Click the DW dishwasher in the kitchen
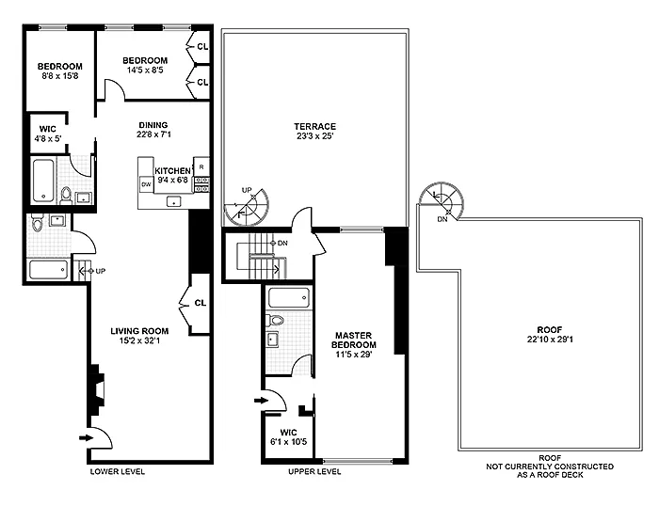point(146,184)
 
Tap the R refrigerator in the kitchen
point(201,166)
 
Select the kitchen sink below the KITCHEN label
point(173,201)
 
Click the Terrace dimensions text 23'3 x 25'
point(314,136)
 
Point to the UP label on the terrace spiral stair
point(247,190)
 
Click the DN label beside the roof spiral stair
point(442,219)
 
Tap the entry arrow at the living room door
point(86,438)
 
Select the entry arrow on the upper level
point(261,401)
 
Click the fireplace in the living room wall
point(96,390)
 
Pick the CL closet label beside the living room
point(200,303)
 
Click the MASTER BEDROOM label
point(353,340)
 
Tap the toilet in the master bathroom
point(275,321)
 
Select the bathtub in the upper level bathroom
point(289,298)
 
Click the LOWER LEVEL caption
point(118,471)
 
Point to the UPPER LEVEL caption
point(314,471)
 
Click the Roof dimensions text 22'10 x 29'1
point(550,340)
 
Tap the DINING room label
point(153,125)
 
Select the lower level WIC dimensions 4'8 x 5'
point(47,138)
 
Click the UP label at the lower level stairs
point(100,271)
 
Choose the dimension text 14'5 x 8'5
point(145,71)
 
